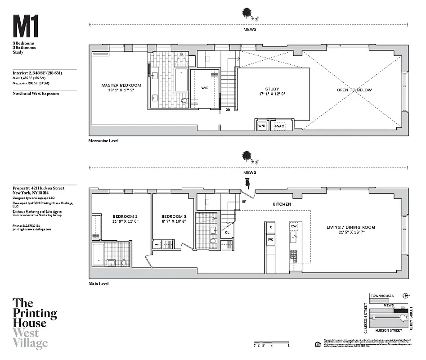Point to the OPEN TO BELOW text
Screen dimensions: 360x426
pos(354,90)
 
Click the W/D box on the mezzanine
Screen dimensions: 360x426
pos(261,126)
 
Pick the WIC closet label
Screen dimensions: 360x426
pos(205,88)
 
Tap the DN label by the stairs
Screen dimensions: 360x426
pos(228,109)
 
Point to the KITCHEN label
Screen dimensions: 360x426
pos(282,204)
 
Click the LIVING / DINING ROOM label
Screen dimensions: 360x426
pos(351,227)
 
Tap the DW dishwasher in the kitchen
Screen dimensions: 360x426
pos(294,226)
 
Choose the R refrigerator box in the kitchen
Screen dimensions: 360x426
pos(270,228)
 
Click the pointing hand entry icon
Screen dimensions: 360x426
pos(247,183)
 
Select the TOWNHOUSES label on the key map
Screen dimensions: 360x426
pos(382,296)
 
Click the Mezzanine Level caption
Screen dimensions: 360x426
pos(103,141)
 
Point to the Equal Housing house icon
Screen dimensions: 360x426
pos(318,344)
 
